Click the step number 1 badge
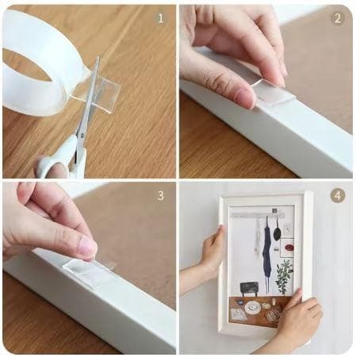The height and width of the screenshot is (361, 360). pyautogui.click(x=161, y=18)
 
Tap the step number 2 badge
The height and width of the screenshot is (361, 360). pyautogui.click(x=338, y=18)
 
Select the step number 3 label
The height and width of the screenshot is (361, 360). pyautogui.click(x=161, y=196)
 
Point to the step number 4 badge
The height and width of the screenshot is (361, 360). pyautogui.click(x=338, y=196)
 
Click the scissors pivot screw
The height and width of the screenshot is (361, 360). pyautogui.click(x=82, y=136)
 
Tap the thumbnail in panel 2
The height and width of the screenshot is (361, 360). pyautogui.click(x=243, y=97)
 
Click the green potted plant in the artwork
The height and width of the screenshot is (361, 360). pyautogui.click(x=283, y=276)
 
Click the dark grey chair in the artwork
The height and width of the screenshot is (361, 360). pyautogui.click(x=249, y=288)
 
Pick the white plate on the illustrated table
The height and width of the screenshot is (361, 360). pyautogui.click(x=251, y=307)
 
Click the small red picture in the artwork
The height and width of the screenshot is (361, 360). pyautogui.click(x=289, y=248)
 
